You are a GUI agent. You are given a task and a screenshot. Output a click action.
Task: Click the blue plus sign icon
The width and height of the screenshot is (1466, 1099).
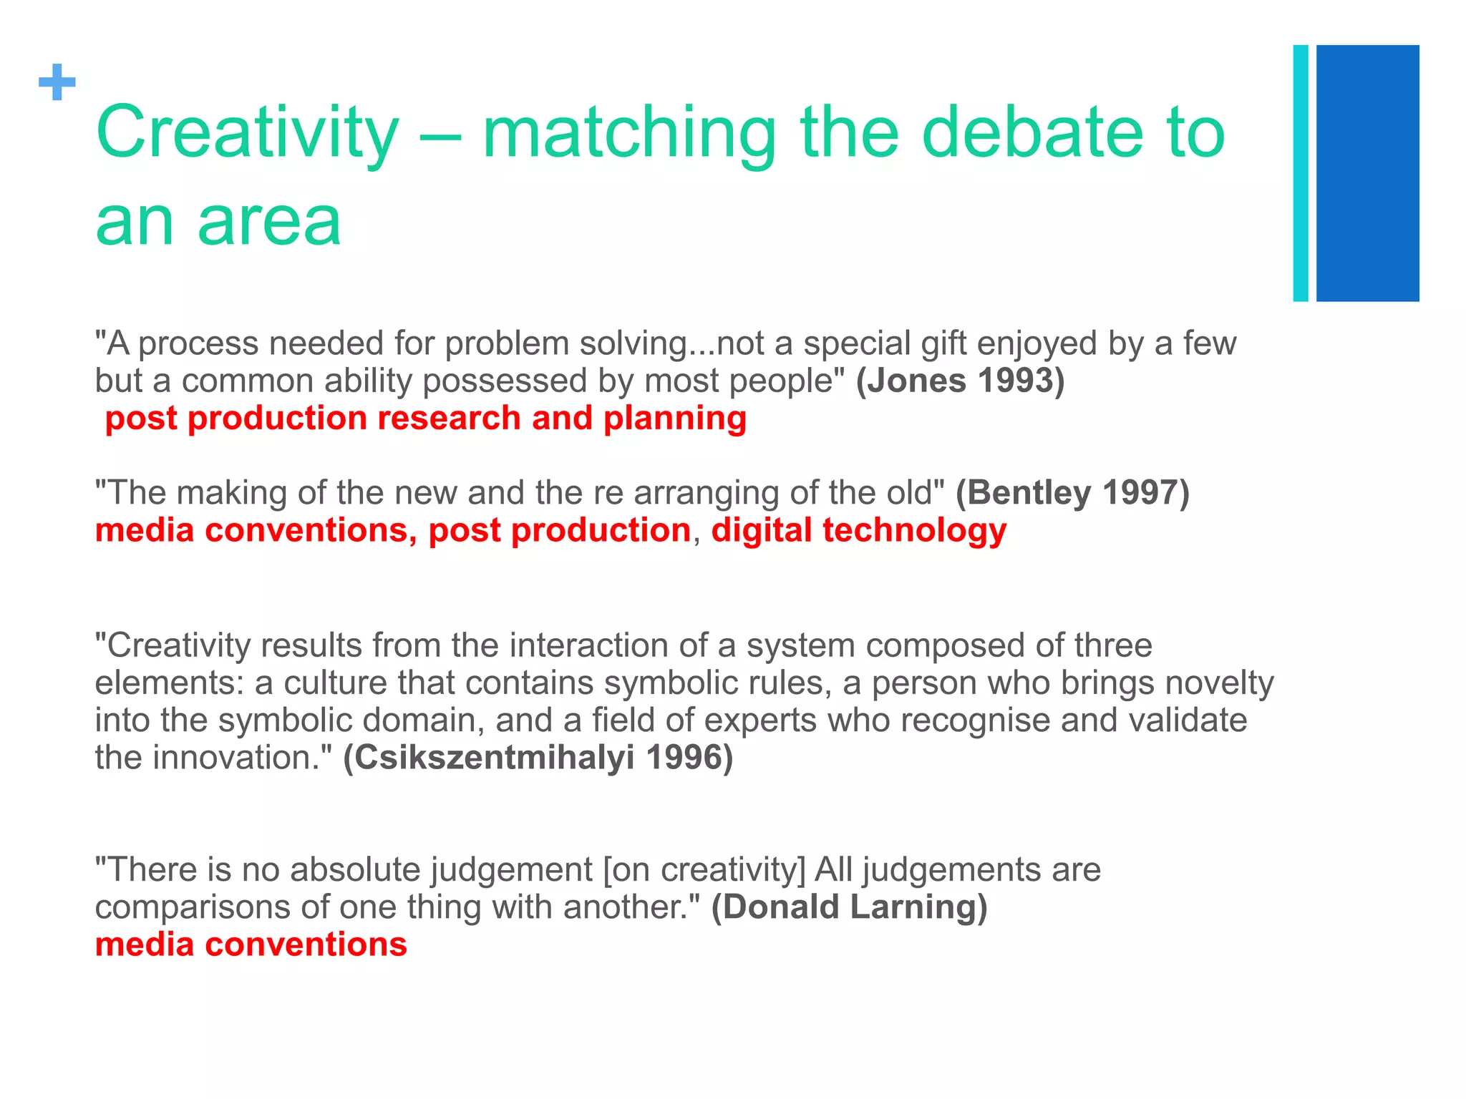point(57,83)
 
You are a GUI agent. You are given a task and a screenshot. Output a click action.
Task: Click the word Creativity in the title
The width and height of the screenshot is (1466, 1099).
point(247,134)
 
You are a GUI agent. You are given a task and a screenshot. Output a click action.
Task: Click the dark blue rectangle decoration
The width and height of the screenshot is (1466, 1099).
point(1367,173)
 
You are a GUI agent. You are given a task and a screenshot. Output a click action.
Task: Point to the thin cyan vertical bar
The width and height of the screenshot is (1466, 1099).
point(1301,173)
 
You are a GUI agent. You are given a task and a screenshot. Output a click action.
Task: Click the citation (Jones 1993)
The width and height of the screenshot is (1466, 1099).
point(960,381)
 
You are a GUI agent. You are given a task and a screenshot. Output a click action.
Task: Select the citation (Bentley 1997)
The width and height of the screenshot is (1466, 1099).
point(1072,493)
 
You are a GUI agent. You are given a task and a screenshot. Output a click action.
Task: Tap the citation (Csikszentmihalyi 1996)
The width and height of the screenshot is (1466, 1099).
point(538,758)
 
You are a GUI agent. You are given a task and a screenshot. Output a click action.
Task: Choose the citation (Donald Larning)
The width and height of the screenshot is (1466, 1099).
point(849,907)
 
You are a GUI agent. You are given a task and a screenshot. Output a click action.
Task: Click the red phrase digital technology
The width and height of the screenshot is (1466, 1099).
point(859,531)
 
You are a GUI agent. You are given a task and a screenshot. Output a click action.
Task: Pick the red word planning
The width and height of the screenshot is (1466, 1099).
point(675,419)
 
